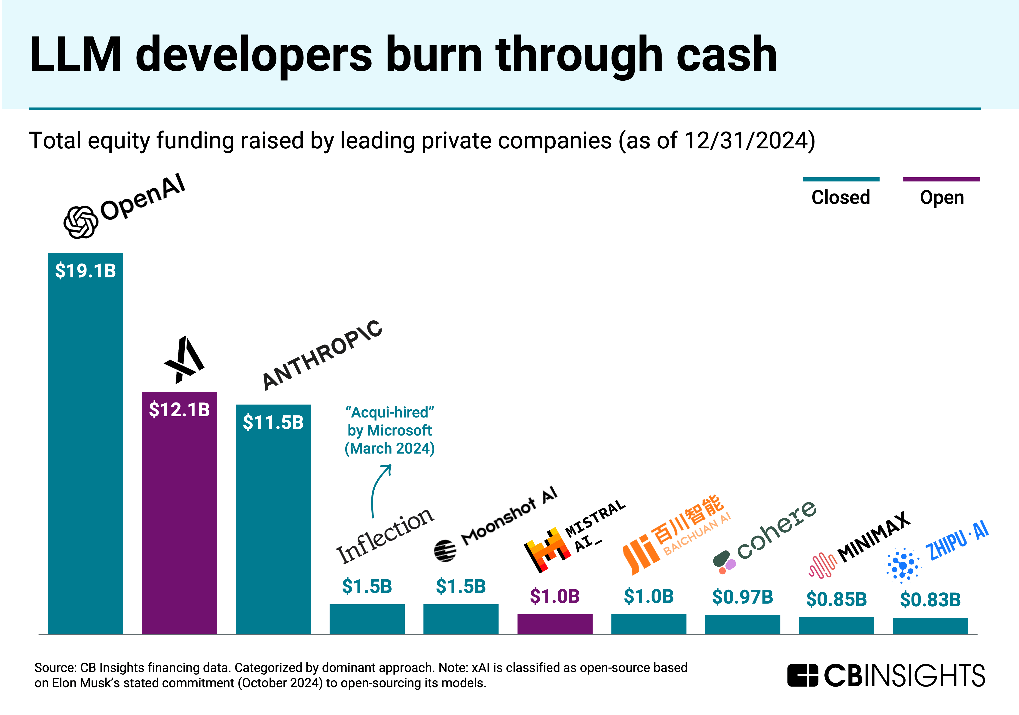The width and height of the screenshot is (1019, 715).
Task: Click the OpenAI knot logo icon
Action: pos(80,222)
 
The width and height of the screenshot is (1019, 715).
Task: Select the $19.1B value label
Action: pos(85,271)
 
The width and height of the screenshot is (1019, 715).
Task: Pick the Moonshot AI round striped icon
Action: pos(445,551)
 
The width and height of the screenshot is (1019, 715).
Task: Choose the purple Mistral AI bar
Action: pos(555,624)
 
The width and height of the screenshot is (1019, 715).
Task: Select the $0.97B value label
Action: pos(743,597)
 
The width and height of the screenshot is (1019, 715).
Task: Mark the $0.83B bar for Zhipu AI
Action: pos(930,626)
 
